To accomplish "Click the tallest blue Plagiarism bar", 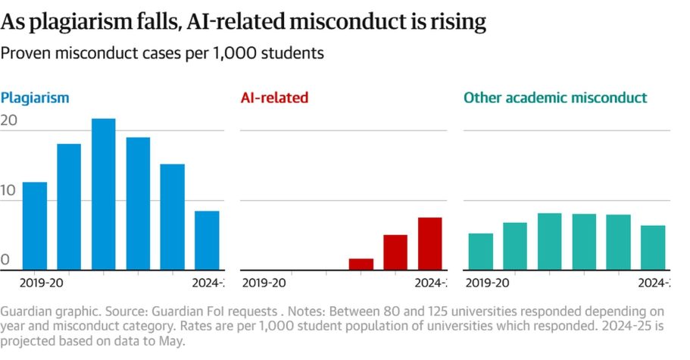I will point(104,194).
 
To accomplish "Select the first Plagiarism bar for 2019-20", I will point(35,226).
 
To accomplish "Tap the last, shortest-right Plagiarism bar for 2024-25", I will point(206,240).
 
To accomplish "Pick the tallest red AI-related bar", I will point(429,243).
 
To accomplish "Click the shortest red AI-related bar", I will point(361,264).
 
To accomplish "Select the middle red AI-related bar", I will point(395,252).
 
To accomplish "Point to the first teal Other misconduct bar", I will point(481,251).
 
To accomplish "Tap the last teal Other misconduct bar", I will point(653,247).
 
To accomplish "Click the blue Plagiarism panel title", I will point(35,98).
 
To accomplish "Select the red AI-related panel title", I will point(274,98).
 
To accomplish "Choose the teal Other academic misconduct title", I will point(555,98).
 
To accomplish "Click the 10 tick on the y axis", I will point(9,192).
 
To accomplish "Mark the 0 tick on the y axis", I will point(5,261).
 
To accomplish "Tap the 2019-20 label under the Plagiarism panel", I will point(40,283).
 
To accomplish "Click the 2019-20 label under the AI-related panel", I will point(263,283).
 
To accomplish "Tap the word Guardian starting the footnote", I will point(27,311).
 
